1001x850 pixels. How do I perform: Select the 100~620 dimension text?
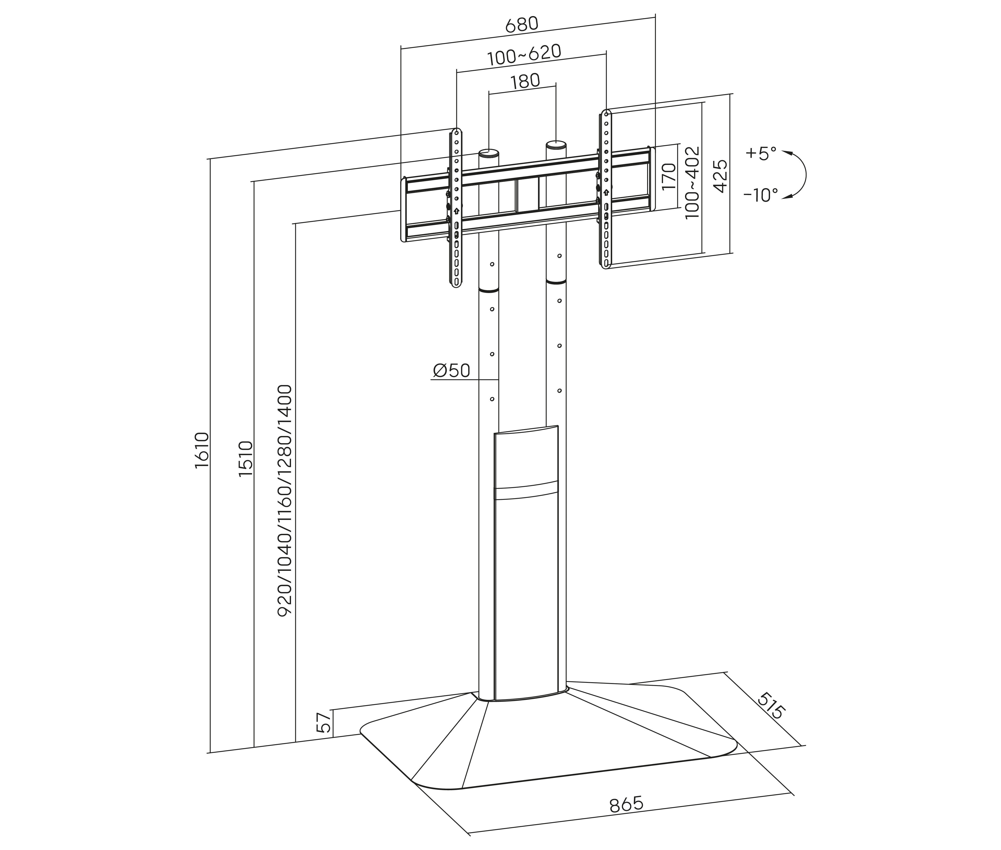[524, 55]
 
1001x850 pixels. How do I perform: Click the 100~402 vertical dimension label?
[692, 183]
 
